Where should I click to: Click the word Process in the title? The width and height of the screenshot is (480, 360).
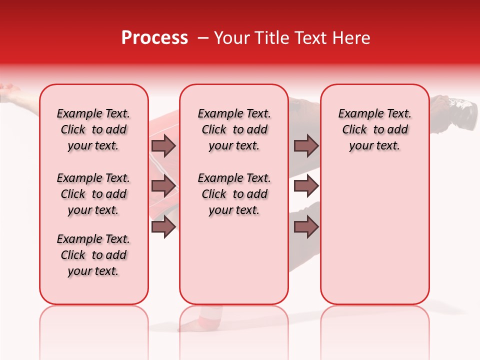pos(154,38)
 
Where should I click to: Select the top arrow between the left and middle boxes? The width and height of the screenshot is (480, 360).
pos(163,146)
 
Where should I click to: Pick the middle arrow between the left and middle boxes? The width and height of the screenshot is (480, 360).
pos(163,186)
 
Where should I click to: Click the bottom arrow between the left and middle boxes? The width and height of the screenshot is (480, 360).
pos(163,227)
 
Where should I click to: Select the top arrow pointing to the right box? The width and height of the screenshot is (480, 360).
pos(306,146)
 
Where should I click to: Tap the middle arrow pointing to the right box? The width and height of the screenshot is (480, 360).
pos(306,186)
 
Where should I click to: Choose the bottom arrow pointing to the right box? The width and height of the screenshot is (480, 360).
pos(306,227)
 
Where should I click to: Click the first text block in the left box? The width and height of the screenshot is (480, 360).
pos(93,129)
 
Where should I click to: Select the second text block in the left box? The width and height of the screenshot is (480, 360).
pos(93,194)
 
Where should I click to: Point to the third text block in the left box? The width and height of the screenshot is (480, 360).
pos(93,255)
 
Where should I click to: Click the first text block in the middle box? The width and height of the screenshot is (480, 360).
pos(234,129)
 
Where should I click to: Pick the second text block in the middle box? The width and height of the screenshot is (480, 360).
pos(234,194)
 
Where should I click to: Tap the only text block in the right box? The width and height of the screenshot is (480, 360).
pos(374,129)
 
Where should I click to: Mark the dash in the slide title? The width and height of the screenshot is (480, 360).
pos(202,38)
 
